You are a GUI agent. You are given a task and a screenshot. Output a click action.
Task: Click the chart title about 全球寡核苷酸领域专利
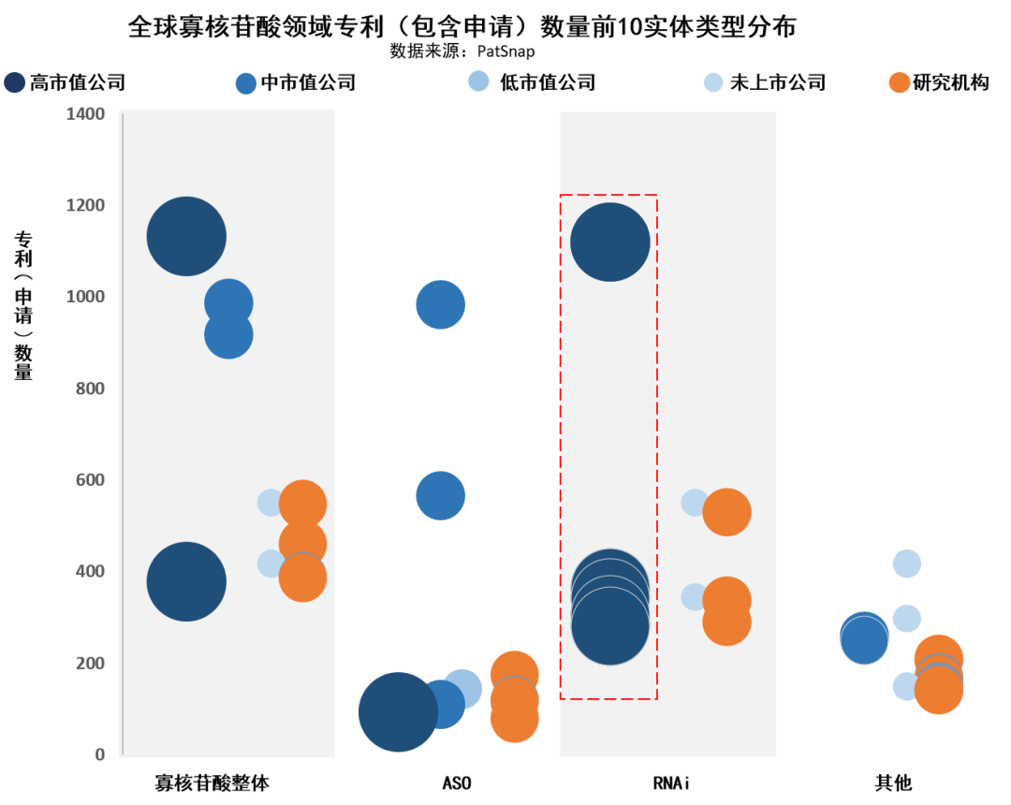click(x=462, y=26)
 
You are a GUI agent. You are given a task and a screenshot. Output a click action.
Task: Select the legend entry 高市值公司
click(x=65, y=82)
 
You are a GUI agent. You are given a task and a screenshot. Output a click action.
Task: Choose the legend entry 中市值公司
click(x=296, y=82)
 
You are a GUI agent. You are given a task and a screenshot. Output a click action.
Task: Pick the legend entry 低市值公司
click(x=532, y=81)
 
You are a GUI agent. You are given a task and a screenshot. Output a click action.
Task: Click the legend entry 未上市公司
click(x=765, y=82)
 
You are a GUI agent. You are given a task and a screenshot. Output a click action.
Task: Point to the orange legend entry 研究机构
click(x=939, y=82)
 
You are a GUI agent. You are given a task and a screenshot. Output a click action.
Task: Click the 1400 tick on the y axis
click(x=85, y=114)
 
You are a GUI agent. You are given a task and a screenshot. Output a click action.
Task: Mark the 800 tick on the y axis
click(x=90, y=388)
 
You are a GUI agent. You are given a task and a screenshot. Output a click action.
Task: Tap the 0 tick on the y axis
click(x=100, y=754)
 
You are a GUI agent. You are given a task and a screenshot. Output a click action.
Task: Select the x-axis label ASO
click(x=457, y=783)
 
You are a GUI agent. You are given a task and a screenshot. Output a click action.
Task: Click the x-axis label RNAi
click(x=671, y=783)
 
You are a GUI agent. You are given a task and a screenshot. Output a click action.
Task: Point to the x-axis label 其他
click(x=893, y=783)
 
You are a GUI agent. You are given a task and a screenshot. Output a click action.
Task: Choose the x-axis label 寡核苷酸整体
click(x=212, y=783)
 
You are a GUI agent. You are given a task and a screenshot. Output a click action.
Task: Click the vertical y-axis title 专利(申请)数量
click(x=23, y=305)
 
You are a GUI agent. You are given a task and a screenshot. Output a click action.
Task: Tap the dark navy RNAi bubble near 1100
click(x=610, y=242)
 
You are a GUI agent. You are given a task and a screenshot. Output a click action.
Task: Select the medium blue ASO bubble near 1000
click(x=440, y=305)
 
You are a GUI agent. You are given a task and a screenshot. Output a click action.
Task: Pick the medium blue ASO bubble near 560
click(x=440, y=495)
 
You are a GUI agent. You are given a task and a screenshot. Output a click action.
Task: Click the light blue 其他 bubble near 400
click(x=906, y=563)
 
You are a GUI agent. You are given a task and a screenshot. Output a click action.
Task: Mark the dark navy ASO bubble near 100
click(x=399, y=712)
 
